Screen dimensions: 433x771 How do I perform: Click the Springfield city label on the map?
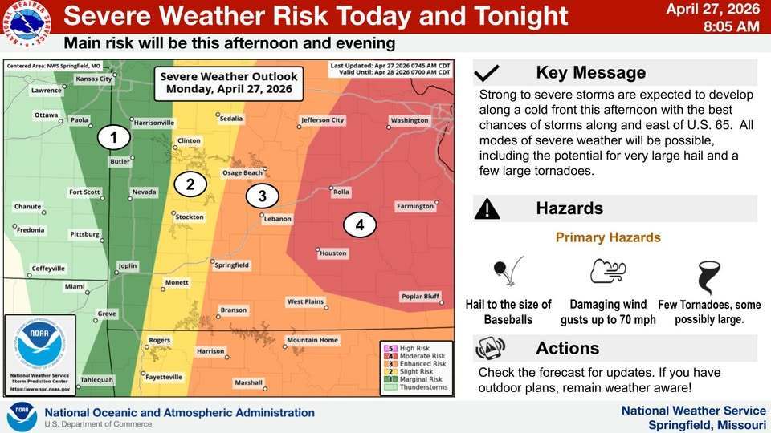231,265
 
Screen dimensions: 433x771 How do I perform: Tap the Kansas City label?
94,79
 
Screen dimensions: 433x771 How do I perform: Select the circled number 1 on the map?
113,138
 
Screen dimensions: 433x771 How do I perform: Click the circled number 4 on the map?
360,225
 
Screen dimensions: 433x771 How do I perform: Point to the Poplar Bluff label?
421,297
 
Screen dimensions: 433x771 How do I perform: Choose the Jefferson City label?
322,120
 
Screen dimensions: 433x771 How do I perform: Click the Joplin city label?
128,265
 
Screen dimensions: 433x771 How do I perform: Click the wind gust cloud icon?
608,271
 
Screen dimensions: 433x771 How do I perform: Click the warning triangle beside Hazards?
487,209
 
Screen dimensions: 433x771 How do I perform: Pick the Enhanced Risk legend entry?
415,363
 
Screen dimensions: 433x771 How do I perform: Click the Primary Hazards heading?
608,237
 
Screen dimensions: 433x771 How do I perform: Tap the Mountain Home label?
312,340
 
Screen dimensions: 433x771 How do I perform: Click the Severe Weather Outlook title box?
229,83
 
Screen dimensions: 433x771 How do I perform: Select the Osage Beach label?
242,172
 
